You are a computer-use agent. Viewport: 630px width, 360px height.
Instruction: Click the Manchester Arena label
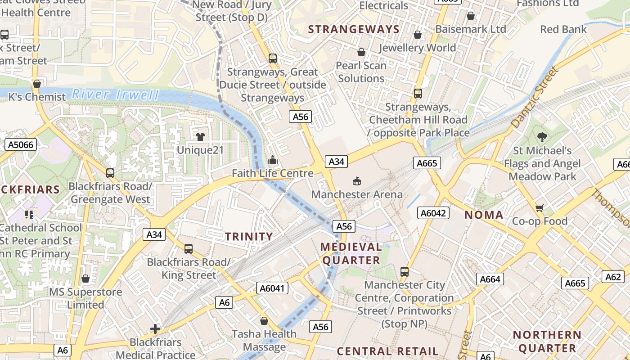coord(357,194)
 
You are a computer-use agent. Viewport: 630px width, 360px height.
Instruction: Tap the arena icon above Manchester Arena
coord(357,181)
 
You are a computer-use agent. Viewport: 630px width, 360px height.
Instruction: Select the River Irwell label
coord(116,94)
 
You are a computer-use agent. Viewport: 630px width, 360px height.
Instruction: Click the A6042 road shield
coord(433,213)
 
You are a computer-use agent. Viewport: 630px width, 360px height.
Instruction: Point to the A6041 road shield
coord(272,288)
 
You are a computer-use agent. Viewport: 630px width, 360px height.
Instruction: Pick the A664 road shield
coord(490,279)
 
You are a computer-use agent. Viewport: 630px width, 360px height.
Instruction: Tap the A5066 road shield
coord(21,144)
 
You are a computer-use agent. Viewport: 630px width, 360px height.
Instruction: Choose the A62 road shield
coord(613,277)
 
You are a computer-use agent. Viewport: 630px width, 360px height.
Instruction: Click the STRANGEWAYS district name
coord(353,30)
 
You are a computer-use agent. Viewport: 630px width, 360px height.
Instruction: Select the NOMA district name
coord(484,215)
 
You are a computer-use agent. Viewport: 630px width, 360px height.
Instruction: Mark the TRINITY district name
coord(249,236)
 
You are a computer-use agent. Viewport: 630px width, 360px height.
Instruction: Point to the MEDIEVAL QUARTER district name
coord(351,253)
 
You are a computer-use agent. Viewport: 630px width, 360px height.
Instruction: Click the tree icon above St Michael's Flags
coord(542,137)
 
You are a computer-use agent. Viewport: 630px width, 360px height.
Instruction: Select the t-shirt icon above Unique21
coord(200,136)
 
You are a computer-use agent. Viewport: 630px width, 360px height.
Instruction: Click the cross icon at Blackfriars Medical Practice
coord(155,329)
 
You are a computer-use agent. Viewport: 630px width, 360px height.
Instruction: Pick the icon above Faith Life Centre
coord(272,160)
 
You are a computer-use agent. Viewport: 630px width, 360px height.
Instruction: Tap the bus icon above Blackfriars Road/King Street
coord(189,248)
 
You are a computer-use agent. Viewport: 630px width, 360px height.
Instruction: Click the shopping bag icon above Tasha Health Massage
coord(264,321)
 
